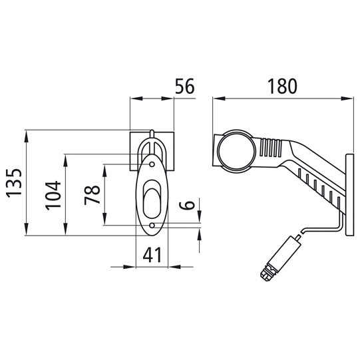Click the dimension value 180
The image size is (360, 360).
(x=282, y=86)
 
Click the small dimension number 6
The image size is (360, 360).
(x=190, y=205)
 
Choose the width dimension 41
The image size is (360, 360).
(x=153, y=255)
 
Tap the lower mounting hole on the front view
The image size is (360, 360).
(x=152, y=225)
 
